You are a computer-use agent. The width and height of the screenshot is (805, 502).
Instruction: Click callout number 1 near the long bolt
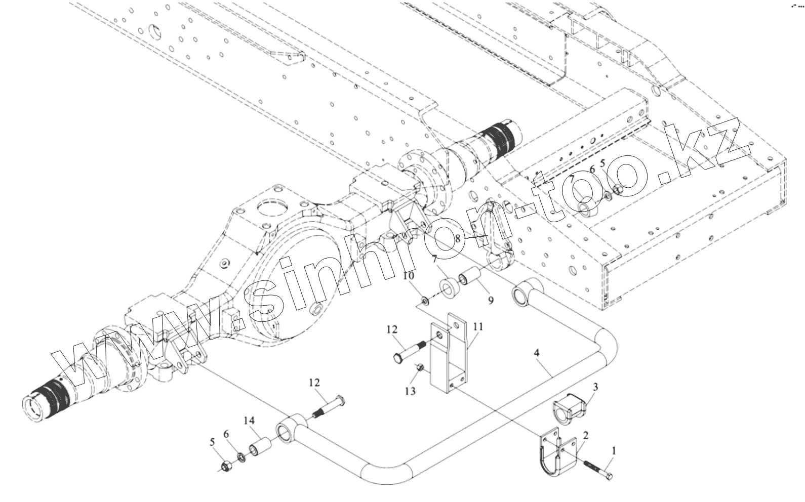coord(615,450)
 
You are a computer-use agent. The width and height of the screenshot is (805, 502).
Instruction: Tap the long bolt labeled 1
coord(598,469)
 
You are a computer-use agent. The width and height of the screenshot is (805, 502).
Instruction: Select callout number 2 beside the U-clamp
coord(585,435)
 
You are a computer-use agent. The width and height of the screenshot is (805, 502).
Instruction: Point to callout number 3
coord(595,387)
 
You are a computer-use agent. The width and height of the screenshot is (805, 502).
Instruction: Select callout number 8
coord(458,237)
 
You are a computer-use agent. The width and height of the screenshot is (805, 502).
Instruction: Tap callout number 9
coord(490,300)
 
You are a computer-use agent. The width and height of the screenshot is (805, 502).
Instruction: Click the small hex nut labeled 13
coord(419,367)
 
